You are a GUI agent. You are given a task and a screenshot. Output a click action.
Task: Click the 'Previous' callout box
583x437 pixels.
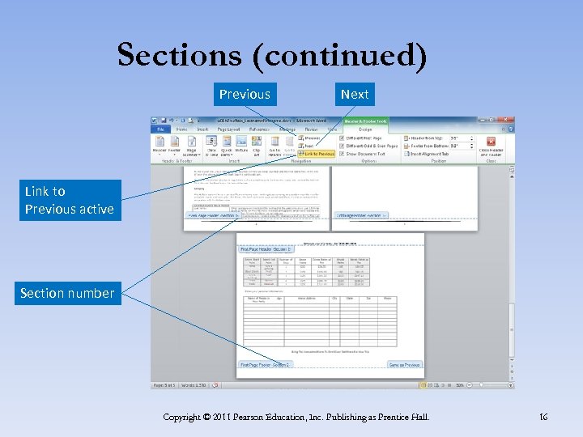(x=245, y=94)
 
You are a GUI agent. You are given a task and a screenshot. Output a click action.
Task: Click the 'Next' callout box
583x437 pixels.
(x=355, y=94)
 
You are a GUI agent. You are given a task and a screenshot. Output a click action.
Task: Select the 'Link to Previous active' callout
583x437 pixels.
(x=70, y=201)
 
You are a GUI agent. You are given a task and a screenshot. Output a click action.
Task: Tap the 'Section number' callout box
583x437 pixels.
(x=68, y=293)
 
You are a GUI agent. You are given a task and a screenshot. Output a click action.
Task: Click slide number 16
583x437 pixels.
(x=543, y=417)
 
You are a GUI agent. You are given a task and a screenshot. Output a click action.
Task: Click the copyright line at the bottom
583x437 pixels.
(x=296, y=417)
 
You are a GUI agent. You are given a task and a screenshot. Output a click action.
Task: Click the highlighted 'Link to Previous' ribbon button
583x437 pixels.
(x=317, y=154)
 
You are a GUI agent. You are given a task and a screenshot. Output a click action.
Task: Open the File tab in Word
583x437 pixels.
(x=160, y=129)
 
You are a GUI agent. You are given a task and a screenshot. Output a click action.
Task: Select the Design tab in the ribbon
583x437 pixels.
(x=365, y=129)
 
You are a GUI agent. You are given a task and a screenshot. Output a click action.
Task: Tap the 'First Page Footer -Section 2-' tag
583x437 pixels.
(x=265, y=365)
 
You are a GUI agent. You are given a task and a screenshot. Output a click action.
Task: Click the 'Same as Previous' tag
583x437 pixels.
(x=405, y=365)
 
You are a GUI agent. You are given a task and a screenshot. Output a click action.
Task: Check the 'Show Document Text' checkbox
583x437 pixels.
(x=342, y=154)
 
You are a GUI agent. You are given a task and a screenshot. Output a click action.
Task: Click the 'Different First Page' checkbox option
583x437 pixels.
(x=342, y=138)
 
